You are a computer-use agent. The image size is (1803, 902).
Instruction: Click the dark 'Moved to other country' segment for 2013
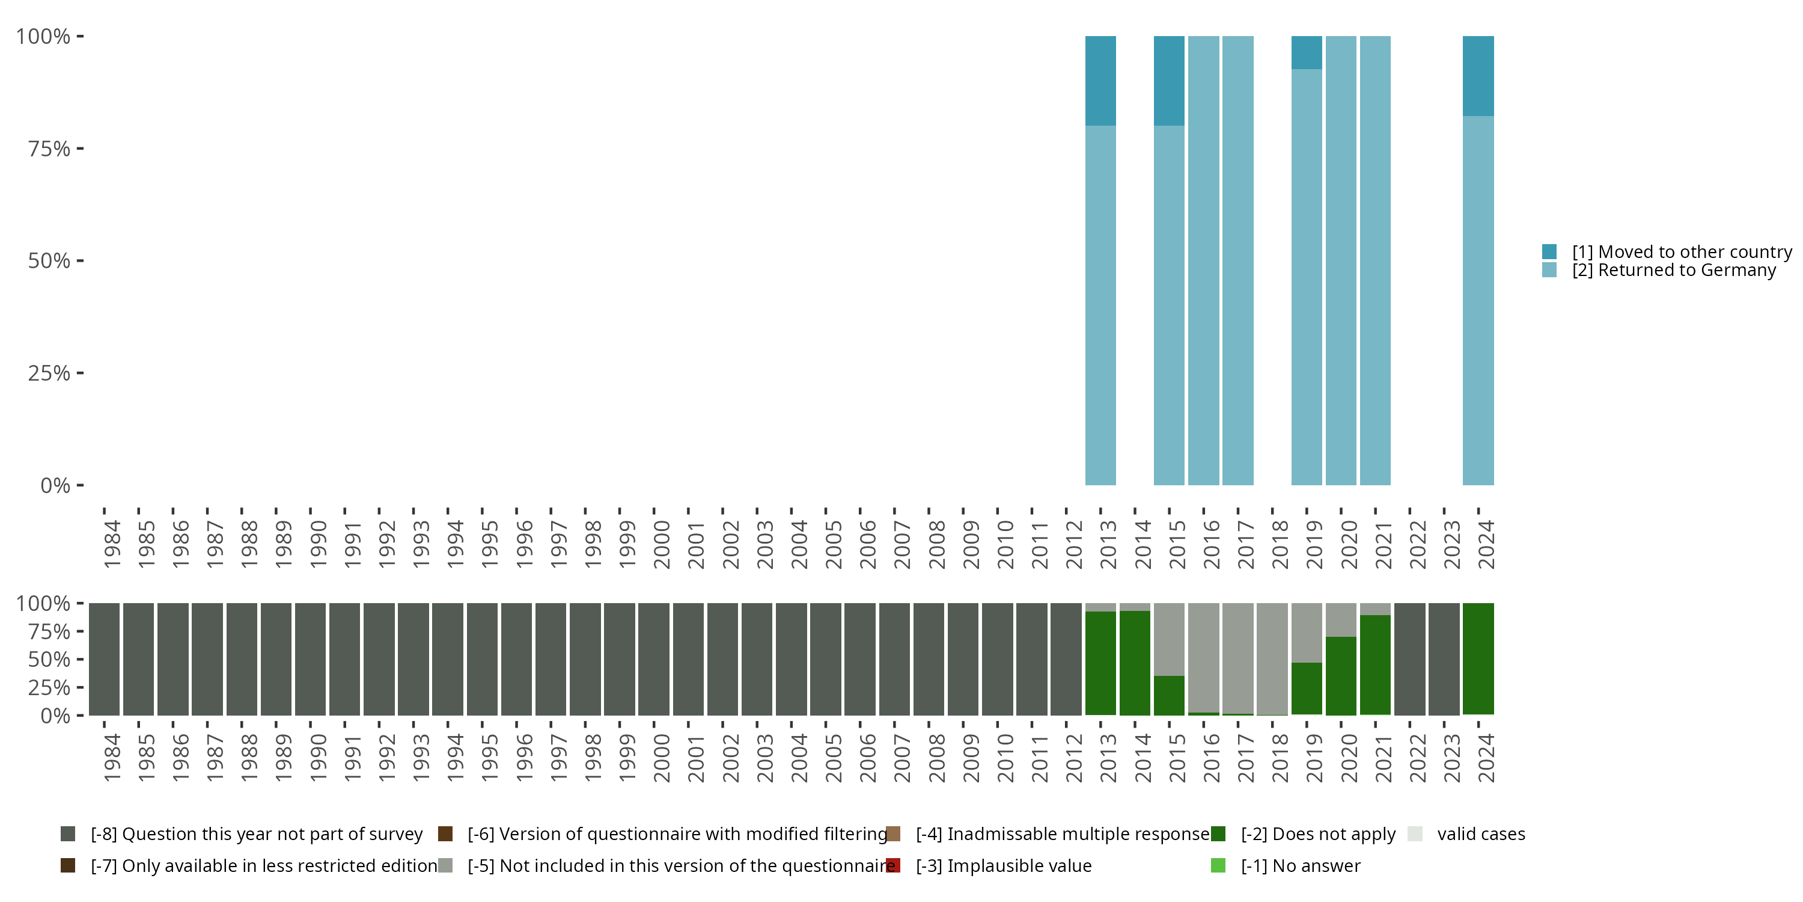pos(1100,81)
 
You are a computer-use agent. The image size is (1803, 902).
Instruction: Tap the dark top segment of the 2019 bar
pos(1306,52)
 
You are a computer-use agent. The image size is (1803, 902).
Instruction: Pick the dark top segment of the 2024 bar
pos(1478,76)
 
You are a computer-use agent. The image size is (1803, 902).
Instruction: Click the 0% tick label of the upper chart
pos(55,485)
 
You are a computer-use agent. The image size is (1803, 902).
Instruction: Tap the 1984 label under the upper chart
pos(112,544)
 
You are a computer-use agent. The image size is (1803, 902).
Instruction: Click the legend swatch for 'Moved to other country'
pos(1549,251)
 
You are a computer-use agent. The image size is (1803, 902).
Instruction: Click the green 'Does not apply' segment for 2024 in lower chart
pos(1478,658)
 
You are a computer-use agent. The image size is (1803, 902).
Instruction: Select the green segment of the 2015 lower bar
pos(1169,695)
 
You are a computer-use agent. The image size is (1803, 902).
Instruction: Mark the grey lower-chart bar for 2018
pos(1272,658)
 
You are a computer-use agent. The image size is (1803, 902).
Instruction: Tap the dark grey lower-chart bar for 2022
pos(1409,658)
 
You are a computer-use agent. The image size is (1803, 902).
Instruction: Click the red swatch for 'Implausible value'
pos(893,865)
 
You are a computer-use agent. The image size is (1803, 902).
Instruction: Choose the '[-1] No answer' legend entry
pos(1301,865)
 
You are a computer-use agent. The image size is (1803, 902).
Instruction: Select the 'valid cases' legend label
pos(1480,834)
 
